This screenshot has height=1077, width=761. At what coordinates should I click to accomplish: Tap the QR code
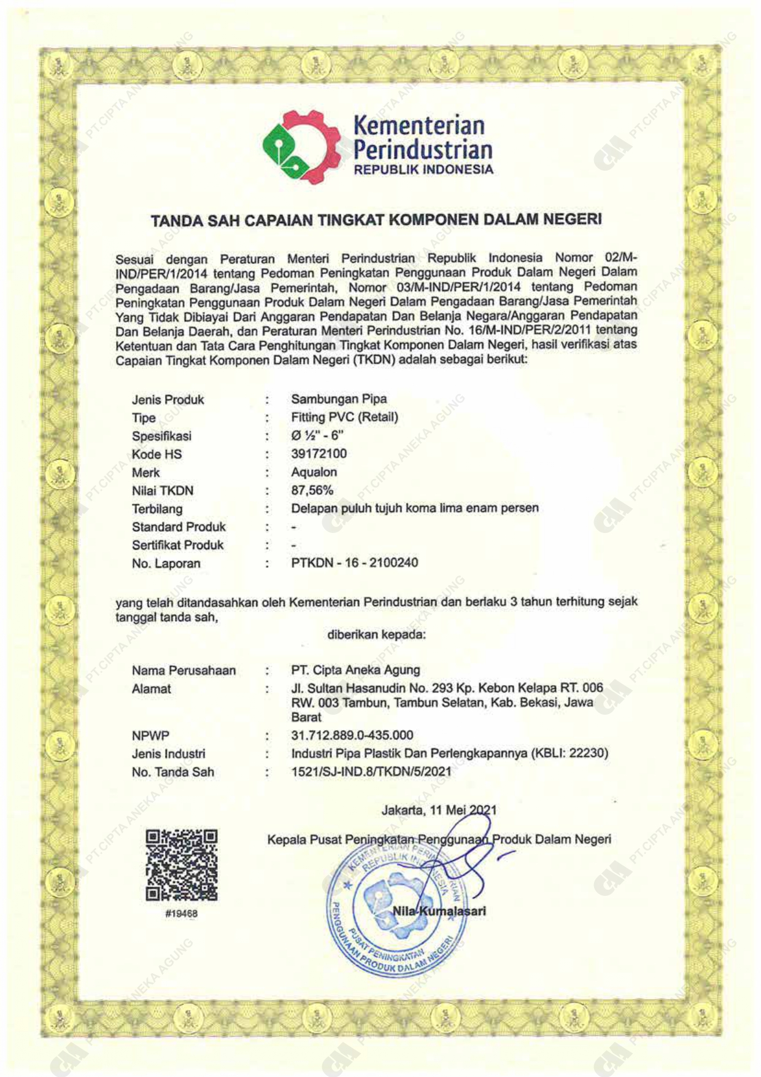(x=182, y=865)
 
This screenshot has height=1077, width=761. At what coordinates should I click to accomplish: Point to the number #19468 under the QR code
(x=182, y=914)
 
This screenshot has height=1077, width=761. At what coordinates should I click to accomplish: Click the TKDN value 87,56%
(x=312, y=491)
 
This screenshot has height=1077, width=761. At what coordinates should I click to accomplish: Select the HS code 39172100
(x=319, y=454)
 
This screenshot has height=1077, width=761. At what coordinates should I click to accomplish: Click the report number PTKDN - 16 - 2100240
(x=355, y=563)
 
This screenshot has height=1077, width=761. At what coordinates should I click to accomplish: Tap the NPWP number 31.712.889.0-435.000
(x=352, y=735)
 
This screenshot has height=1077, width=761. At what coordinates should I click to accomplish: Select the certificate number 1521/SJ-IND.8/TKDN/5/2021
(x=371, y=772)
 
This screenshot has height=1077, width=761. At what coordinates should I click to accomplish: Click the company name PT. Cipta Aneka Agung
(x=356, y=670)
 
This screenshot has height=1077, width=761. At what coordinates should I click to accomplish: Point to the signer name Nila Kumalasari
(x=439, y=911)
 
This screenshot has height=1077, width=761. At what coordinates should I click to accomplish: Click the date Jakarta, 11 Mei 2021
(x=439, y=811)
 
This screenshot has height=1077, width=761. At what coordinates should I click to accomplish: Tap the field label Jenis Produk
(x=168, y=400)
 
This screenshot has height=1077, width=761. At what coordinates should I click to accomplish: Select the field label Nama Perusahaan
(x=184, y=671)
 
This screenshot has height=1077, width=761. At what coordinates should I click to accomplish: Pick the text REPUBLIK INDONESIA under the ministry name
(x=423, y=170)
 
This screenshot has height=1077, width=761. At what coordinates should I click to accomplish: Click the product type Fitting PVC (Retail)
(x=345, y=418)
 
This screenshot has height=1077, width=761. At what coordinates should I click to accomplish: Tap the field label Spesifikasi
(x=162, y=436)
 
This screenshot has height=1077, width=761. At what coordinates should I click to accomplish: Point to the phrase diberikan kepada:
(x=377, y=634)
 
